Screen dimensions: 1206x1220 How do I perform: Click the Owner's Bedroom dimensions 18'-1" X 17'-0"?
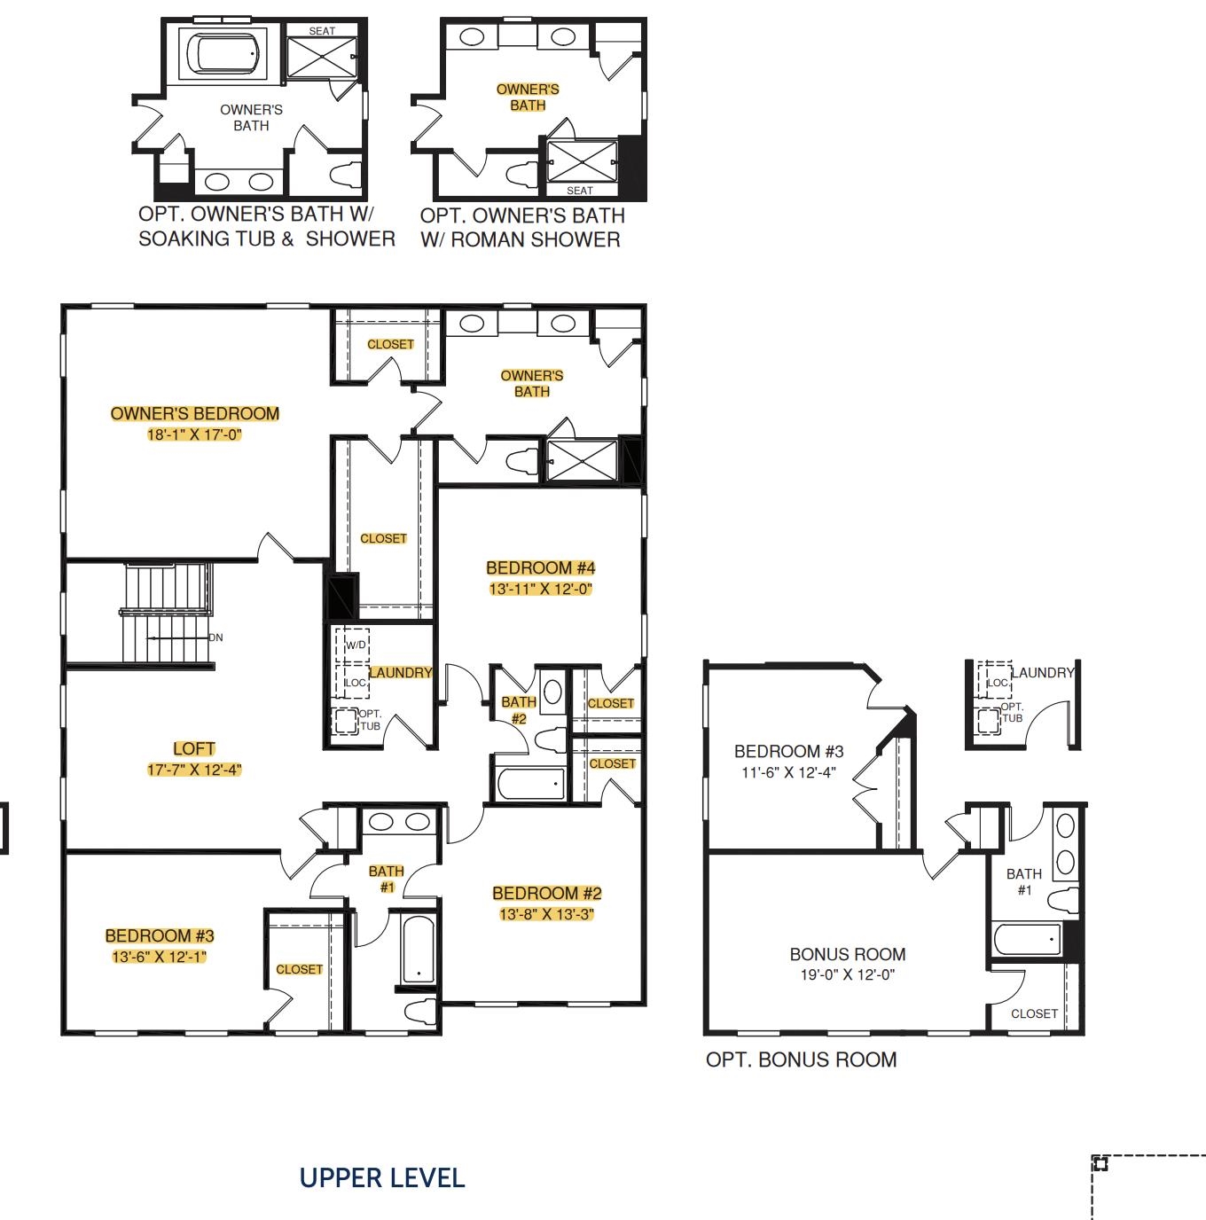coord(194,435)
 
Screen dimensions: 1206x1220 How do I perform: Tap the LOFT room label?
coord(194,749)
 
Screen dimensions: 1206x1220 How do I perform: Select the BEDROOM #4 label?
coord(540,568)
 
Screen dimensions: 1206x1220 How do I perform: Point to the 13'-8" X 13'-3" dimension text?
coord(546,914)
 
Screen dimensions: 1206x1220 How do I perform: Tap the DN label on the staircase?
coord(216,637)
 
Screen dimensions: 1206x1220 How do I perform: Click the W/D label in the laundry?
coord(356,645)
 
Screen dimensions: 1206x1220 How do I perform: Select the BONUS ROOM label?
coord(848,954)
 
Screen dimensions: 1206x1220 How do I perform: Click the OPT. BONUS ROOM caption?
coord(802,1060)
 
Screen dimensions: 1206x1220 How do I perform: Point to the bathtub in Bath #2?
coord(531,785)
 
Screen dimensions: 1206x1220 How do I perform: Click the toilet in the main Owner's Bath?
coord(522,462)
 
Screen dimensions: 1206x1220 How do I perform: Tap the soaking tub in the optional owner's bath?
coord(227,53)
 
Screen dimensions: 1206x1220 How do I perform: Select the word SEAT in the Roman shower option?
coord(580,191)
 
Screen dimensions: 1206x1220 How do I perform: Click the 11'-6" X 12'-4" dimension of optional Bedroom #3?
coord(788,772)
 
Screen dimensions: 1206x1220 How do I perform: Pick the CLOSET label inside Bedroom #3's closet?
coord(300,969)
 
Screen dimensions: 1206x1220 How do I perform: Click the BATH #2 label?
coord(519,710)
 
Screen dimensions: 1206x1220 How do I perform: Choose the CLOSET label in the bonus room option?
coord(1034,1013)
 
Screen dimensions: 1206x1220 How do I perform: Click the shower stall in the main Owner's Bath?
coord(582,461)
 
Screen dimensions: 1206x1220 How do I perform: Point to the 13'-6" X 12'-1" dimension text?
coord(159,957)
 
